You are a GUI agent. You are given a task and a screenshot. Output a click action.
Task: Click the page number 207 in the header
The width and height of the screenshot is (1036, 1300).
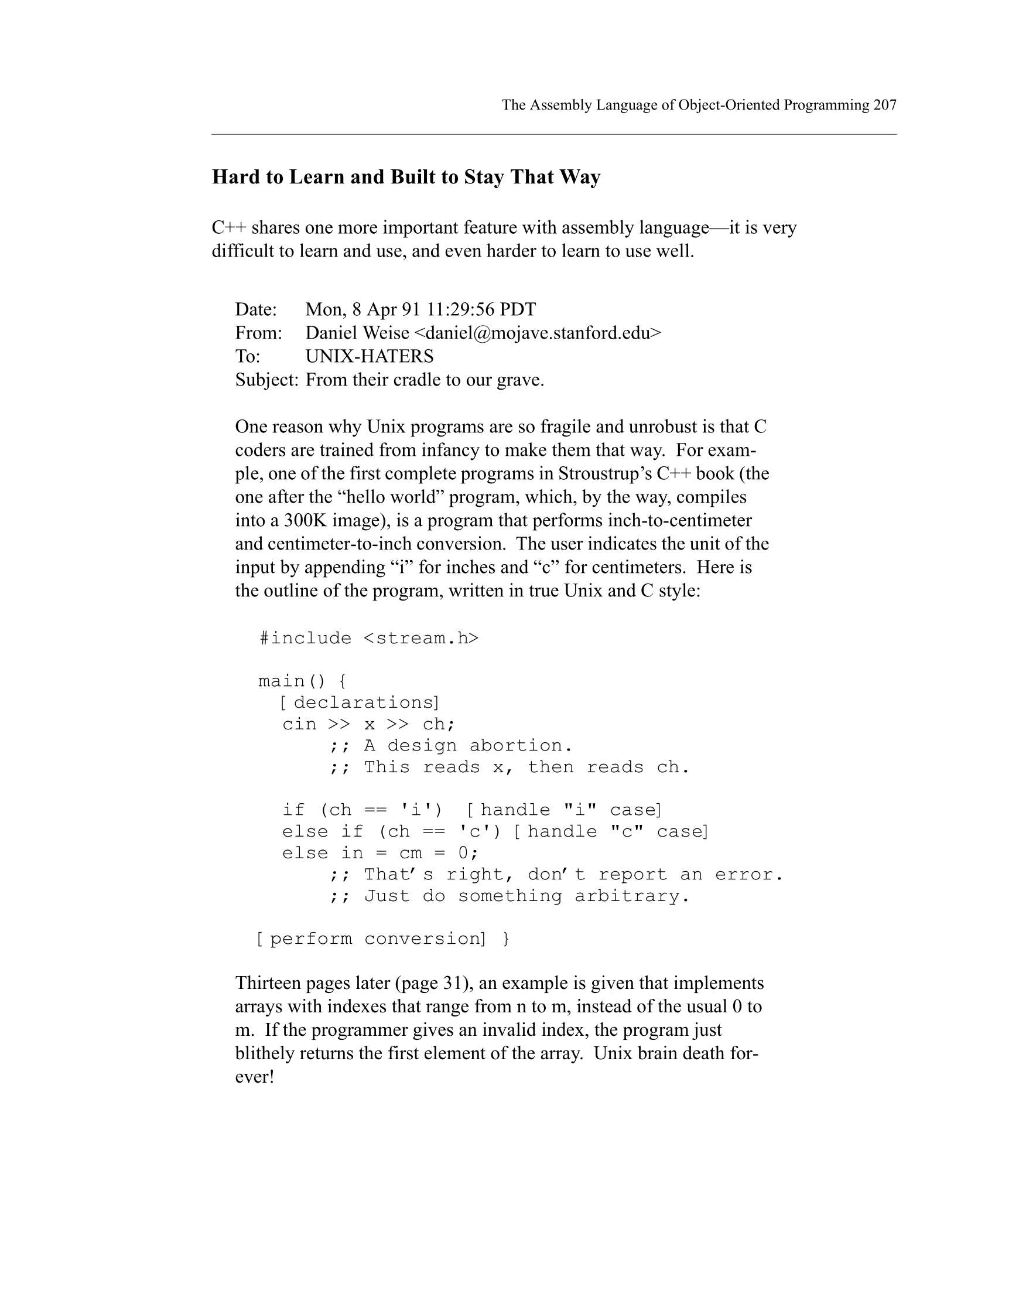[884, 105]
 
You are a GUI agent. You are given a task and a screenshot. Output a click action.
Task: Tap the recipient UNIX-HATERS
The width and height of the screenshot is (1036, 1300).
[369, 356]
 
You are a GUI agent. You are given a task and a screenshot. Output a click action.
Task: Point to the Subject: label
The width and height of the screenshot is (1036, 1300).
[266, 380]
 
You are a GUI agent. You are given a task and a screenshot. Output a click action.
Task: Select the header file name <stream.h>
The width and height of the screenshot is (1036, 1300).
[420, 638]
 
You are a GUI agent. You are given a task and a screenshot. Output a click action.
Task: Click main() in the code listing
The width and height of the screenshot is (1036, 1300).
[292, 681]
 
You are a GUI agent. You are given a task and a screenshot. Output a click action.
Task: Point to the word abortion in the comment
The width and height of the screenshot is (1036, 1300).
[520, 746]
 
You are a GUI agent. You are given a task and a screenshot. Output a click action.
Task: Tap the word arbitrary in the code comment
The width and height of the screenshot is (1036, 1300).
[631, 896]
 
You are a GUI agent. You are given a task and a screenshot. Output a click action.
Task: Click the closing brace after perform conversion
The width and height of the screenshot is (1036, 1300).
[505, 939]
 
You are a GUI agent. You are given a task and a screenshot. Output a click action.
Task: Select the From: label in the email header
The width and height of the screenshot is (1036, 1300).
[258, 333]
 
